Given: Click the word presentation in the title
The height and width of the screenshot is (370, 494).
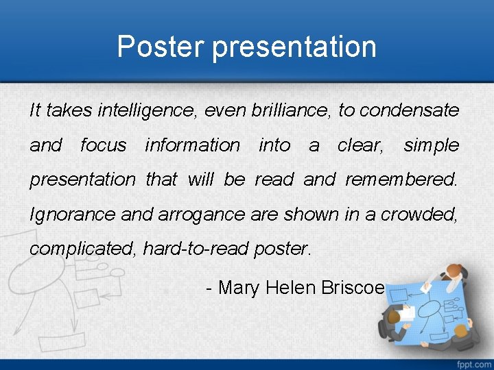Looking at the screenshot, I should coord(294,48).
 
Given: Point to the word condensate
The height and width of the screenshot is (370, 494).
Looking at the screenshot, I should coord(409,110).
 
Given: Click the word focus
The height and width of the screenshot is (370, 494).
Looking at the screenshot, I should coord(103,145).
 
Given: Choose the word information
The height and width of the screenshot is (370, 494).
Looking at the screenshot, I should coord(192,145).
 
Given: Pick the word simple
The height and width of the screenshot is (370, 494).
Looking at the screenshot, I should coord(431,145).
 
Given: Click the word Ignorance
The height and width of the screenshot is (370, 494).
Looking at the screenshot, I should coord(73,214).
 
